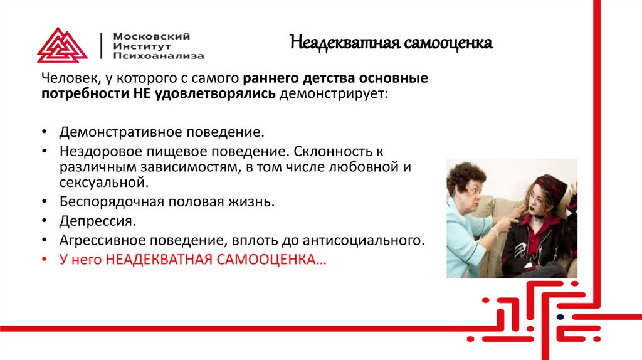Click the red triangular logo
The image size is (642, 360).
point(63,45)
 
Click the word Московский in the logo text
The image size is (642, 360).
point(152,36)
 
